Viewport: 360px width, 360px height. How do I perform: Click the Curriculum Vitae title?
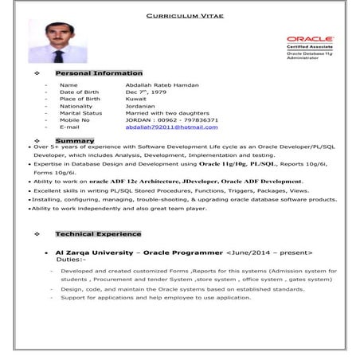pos(186,15)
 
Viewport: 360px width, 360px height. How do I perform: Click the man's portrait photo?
pos(57,41)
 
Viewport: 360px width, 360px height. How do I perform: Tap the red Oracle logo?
pos(310,39)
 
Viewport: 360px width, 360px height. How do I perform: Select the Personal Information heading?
pos(99,72)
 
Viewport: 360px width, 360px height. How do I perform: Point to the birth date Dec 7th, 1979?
pos(147,92)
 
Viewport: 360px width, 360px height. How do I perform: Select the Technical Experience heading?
pos(98,234)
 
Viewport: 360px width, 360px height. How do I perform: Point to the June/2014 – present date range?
pos(269,252)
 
